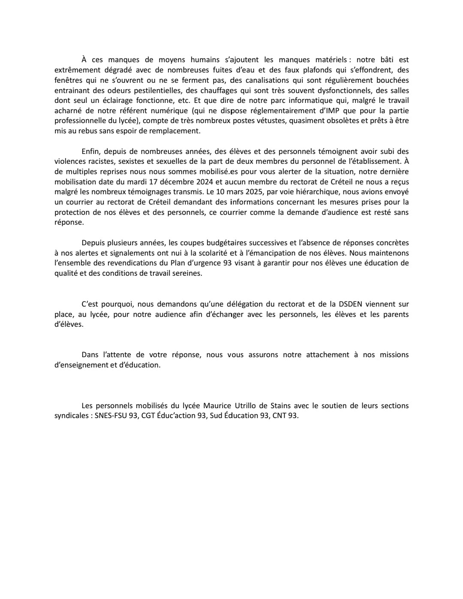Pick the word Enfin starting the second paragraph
[x=91, y=151]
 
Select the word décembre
[x=169, y=182]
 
